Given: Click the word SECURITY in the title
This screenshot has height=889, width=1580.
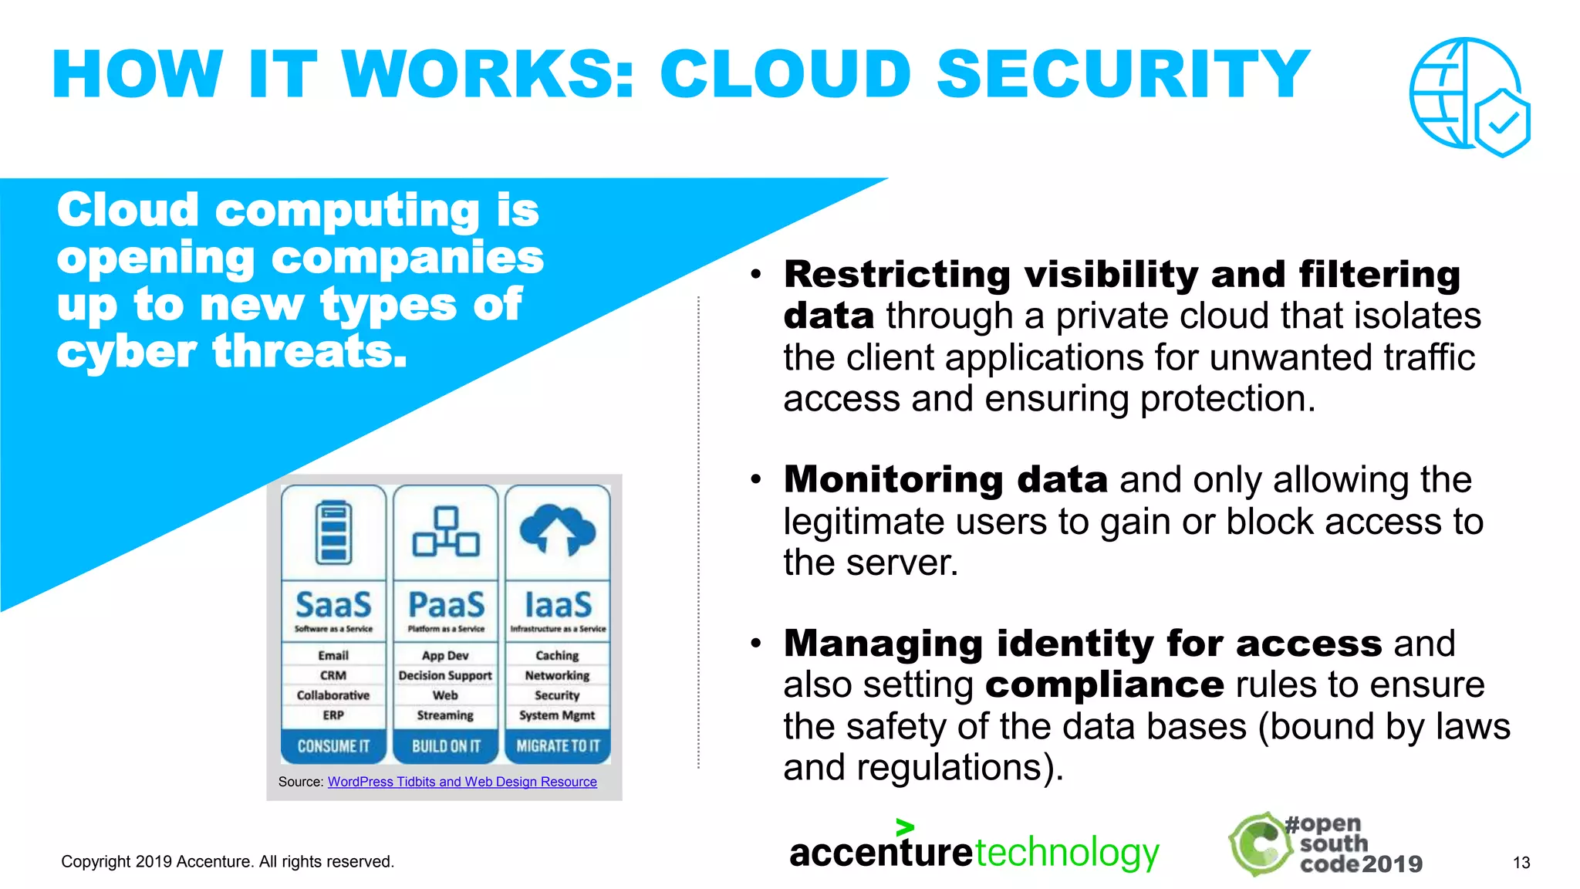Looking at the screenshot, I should point(1123,74).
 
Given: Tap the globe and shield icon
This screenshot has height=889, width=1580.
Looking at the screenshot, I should point(1469,96).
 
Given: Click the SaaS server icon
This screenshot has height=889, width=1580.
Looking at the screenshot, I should point(333,532).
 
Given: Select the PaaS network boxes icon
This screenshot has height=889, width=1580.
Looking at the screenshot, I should point(446,532).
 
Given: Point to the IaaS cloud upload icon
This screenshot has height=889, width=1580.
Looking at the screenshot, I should point(557,529).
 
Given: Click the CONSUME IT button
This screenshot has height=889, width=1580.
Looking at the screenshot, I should point(333,746).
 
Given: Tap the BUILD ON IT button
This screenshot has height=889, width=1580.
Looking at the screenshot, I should point(446,746).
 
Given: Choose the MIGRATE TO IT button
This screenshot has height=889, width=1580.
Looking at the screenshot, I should point(558,746).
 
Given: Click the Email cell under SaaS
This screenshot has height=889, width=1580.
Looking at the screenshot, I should point(333,655).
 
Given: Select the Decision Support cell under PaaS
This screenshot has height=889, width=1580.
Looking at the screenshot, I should point(445,675).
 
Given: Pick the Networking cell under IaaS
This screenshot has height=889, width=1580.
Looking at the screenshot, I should point(557,675).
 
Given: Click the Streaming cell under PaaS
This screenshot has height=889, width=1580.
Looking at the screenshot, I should point(445,715).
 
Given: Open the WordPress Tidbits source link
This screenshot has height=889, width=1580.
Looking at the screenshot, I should point(462,782).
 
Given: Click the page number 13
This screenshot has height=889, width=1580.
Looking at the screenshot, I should point(1521,863).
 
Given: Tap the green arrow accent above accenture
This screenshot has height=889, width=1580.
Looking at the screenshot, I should point(905,827).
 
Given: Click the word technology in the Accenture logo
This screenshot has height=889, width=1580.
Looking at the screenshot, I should point(1067,853).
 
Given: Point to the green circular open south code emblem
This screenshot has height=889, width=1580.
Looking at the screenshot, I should point(1260,844).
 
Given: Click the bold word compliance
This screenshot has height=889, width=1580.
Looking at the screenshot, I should point(1104,684).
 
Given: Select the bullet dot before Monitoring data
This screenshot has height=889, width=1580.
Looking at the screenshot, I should point(756,480).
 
